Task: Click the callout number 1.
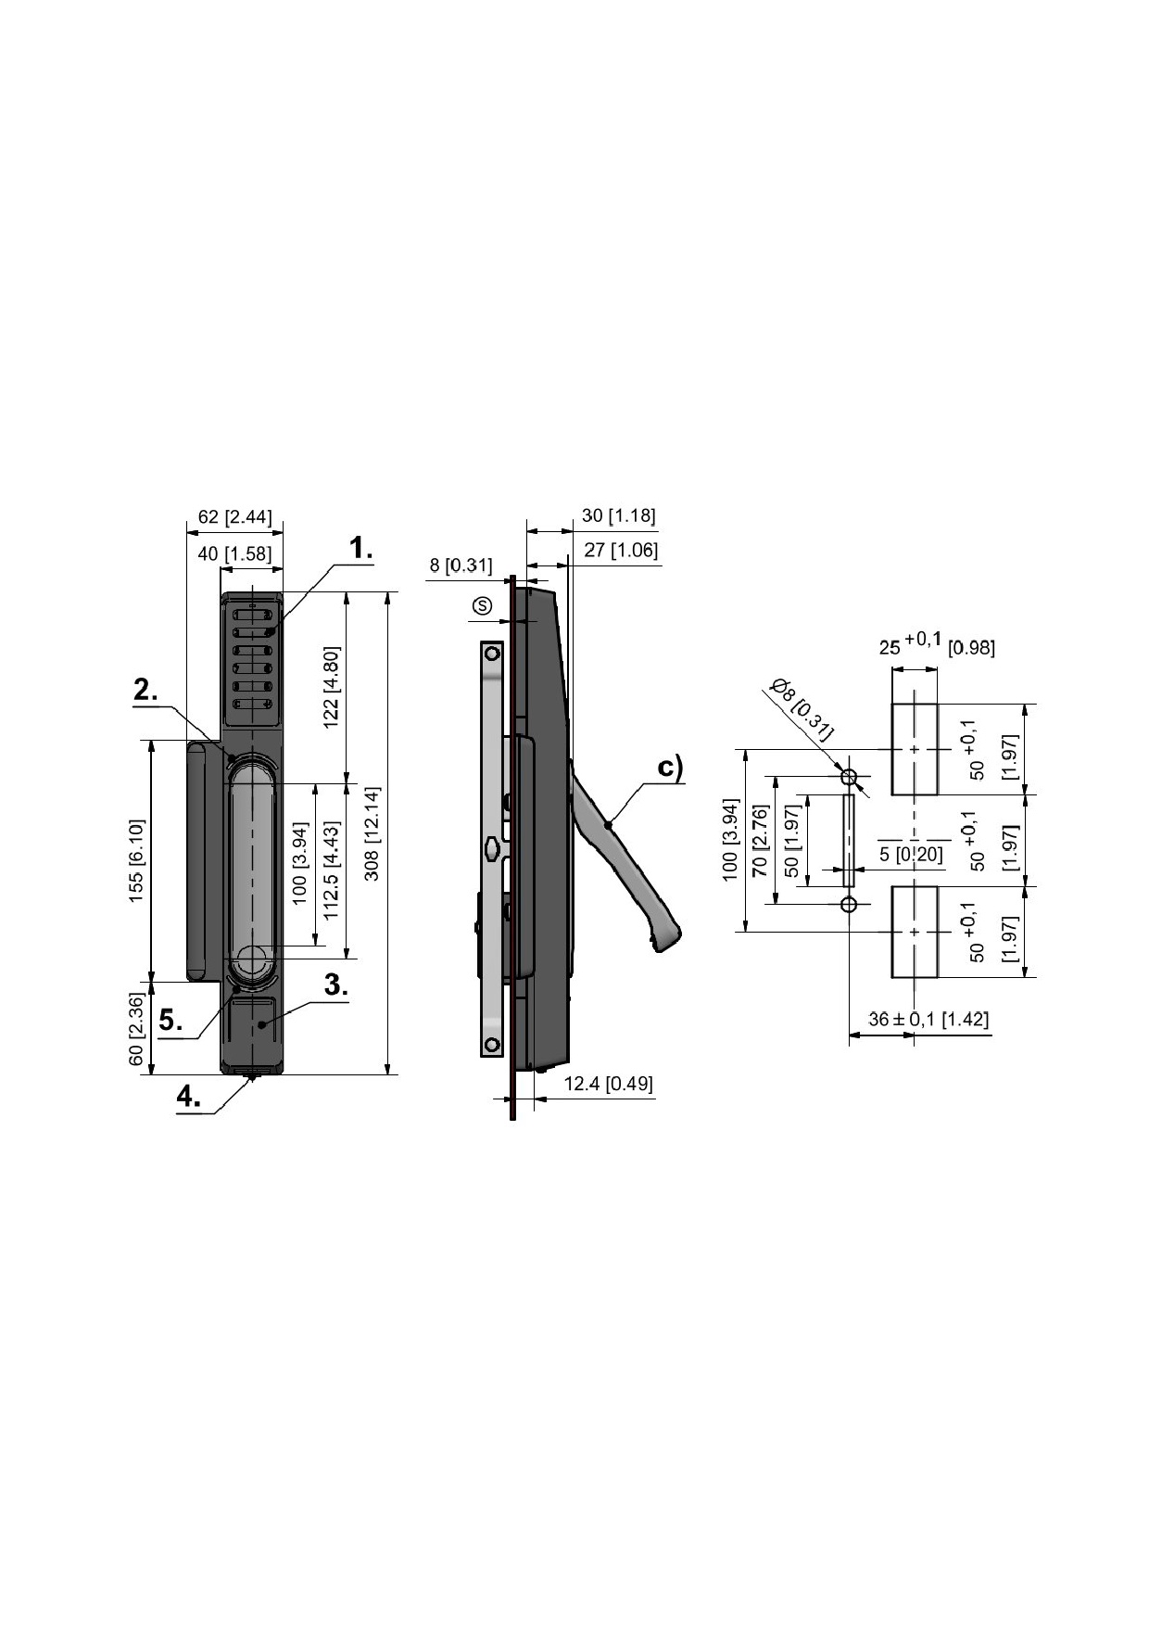point(361,548)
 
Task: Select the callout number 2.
point(145,690)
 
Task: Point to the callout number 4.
point(189,1097)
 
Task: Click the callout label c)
point(670,769)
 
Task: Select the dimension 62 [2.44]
point(235,516)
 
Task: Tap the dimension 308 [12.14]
point(372,833)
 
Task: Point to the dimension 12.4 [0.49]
point(608,1083)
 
